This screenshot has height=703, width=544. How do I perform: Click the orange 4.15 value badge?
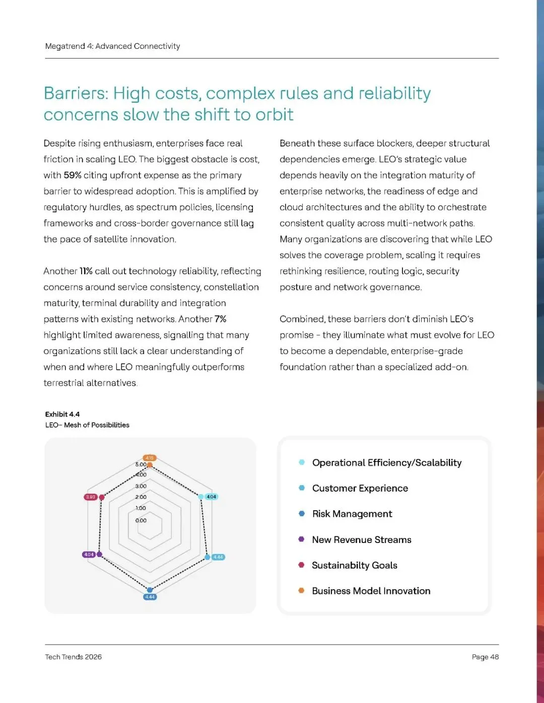tap(150, 458)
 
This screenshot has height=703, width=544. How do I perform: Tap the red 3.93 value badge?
tap(90, 497)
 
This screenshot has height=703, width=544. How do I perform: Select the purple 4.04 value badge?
tap(89, 555)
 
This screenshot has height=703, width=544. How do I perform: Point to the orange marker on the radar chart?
tap(150, 465)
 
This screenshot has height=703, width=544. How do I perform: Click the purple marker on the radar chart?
tap(99, 555)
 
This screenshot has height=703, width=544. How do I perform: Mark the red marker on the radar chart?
tap(102, 497)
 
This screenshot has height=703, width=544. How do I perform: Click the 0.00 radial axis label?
tap(141, 520)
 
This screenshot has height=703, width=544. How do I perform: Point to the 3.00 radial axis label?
tap(141, 486)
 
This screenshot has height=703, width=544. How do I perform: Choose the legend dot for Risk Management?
tap(302, 514)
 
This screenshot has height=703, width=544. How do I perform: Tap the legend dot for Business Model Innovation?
tap(301, 591)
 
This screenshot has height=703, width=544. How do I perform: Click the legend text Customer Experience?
tap(360, 488)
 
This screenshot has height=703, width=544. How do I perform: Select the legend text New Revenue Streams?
tap(361, 540)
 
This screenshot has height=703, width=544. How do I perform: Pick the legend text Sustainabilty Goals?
tap(354, 566)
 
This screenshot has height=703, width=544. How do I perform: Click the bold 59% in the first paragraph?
tap(73, 175)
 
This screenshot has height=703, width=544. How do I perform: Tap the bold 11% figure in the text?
tap(86, 271)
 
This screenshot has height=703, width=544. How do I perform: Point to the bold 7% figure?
tap(220, 319)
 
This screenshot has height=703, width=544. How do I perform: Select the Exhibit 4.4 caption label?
tap(62, 414)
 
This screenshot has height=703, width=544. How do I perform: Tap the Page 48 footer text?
tap(485, 657)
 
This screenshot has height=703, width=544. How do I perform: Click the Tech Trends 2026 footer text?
tap(74, 657)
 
